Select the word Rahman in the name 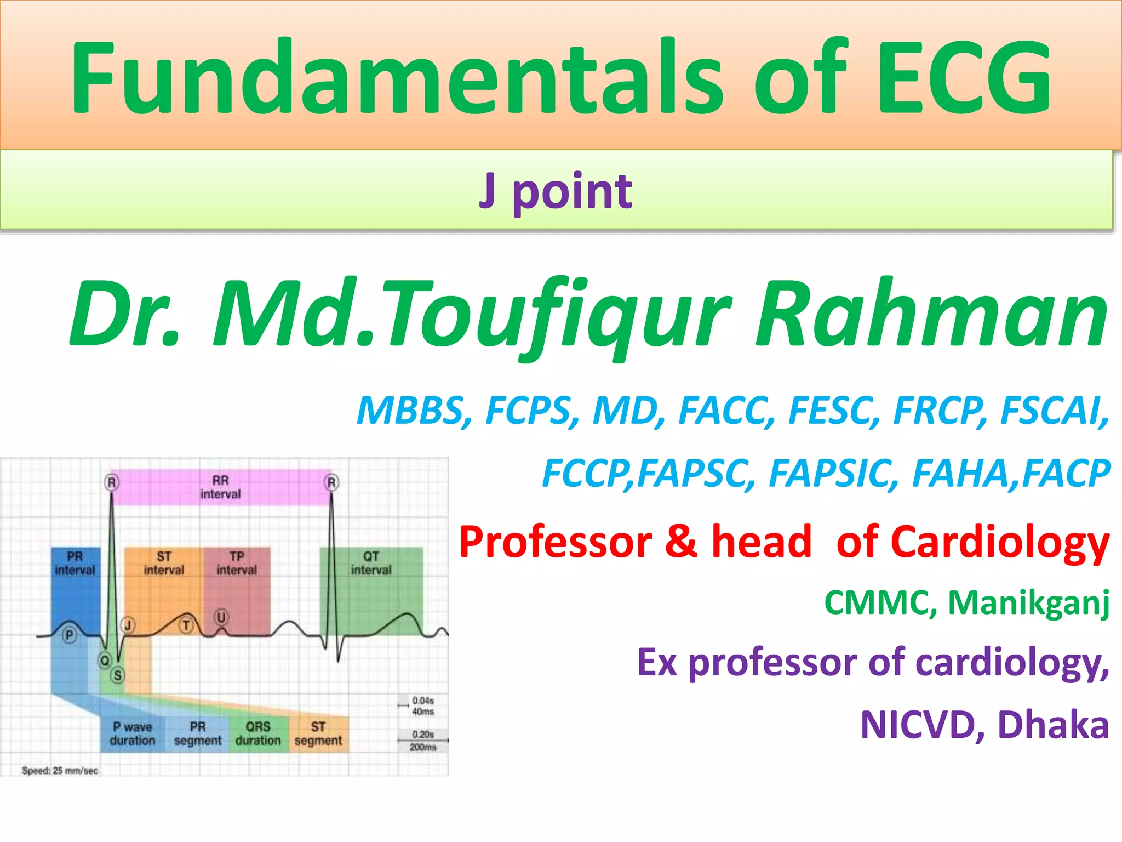pos(931,315)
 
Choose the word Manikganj pos(1028,602)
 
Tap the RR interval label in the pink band pos(220,487)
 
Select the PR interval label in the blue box pos(75,563)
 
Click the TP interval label pos(237,563)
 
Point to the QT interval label pos(371,563)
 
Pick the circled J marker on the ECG pos(128,624)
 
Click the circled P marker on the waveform pos(69,636)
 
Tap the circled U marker pos(221,618)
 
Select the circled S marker pos(117,675)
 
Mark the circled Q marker pos(104,660)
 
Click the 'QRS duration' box pos(258,733)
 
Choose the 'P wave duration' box pos(133,733)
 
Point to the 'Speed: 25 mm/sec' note pos(60,770)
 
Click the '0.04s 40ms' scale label pos(422,706)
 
